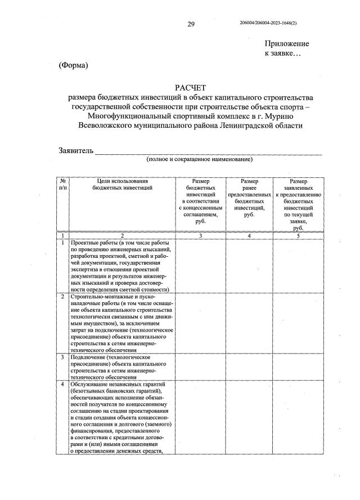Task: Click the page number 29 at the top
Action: (191, 24)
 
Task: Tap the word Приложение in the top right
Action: (287, 43)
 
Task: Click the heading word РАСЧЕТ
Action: (191, 87)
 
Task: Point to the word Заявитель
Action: (76, 150)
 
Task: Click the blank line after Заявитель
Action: (208, 151)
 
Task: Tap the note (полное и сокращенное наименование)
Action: (199, 160)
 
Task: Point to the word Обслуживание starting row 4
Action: (91, 384)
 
